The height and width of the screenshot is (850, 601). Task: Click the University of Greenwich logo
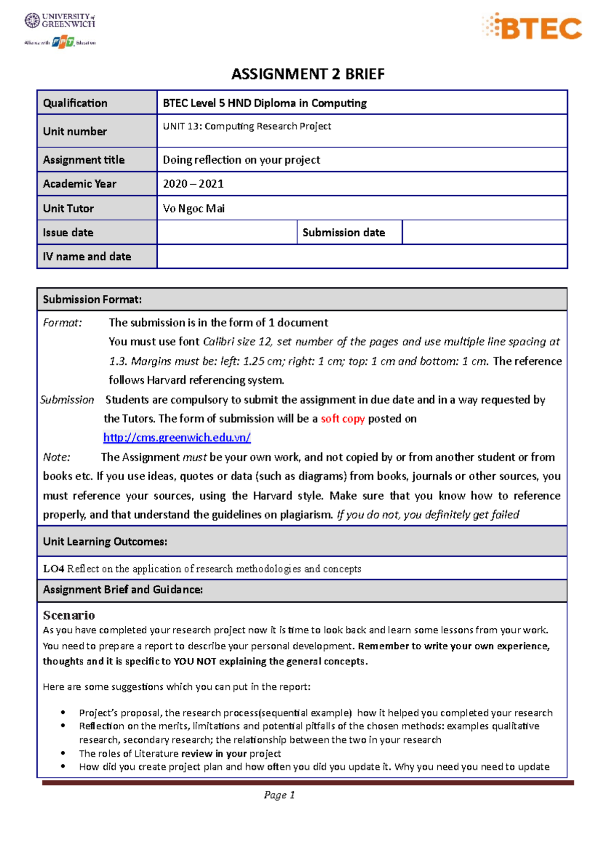(60, 21)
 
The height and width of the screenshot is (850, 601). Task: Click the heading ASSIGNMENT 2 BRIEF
(308, 74)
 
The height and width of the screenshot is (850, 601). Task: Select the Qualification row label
(75, 103)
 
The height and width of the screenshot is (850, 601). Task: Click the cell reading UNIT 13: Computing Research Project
(247, 126)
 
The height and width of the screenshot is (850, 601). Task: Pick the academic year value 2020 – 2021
(193, 184)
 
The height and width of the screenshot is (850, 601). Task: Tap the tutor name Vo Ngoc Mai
(194, 209)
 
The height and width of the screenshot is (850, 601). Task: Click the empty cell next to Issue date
(227, 232)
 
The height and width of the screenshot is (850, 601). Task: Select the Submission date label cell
(344, 232)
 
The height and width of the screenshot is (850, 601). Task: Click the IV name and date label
(87, 256)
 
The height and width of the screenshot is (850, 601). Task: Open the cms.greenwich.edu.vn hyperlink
(177, 438)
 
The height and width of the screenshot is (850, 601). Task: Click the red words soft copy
(343, 418)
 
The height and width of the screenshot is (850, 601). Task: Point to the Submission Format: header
(92, 299)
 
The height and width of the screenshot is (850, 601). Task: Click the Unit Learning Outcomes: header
(105, 542)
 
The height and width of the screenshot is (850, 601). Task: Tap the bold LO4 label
(53, 569)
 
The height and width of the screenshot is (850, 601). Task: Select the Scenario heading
(69, 615)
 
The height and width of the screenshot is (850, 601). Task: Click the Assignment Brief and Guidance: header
(123, 590)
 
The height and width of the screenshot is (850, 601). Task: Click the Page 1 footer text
(279, 795)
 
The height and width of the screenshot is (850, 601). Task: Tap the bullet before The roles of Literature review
(63, 753)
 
